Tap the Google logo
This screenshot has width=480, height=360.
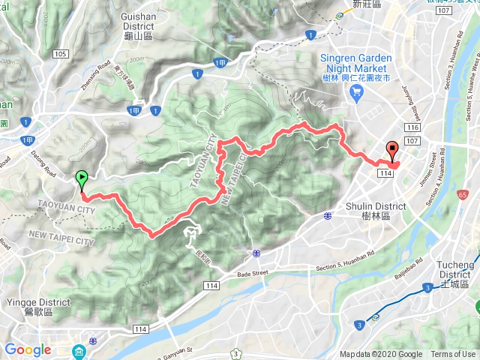[28, 349]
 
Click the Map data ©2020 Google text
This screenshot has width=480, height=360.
[380, 355]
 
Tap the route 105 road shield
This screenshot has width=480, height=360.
[61, 54]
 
